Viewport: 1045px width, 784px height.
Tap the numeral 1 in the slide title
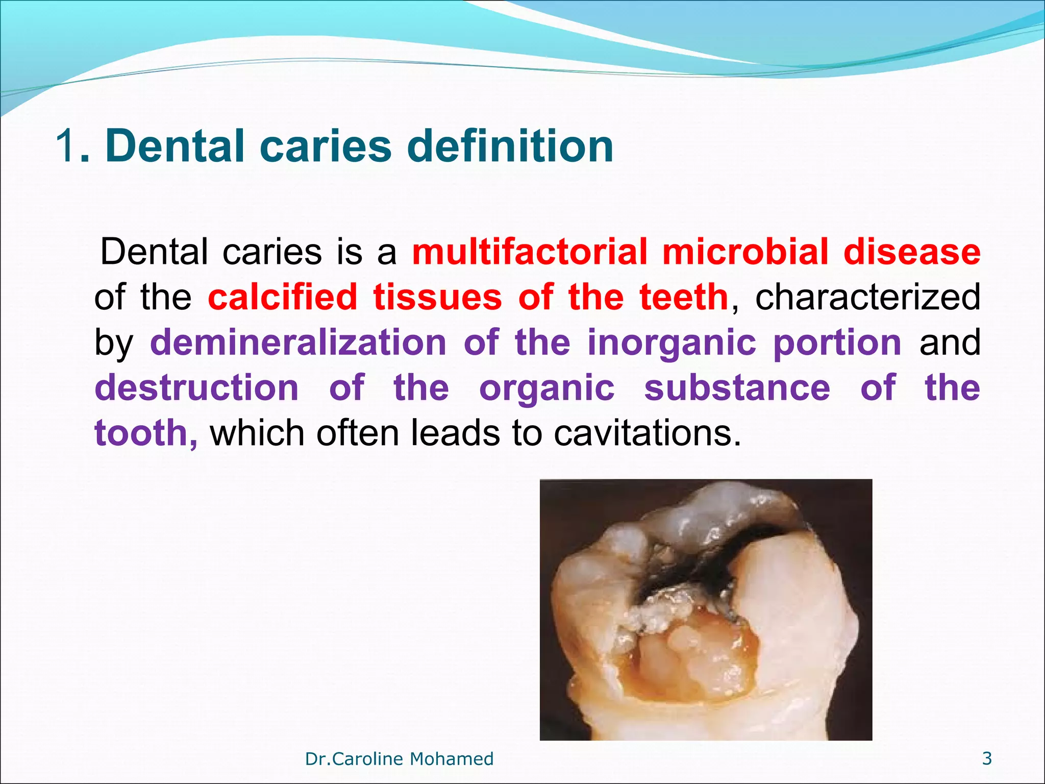coord(66,146)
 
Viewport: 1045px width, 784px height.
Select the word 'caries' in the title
coord(325,146)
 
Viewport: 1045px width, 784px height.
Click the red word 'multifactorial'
coord(529,252)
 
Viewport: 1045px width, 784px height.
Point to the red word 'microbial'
coord(745,252)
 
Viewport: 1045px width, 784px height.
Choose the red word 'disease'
coord(912,252)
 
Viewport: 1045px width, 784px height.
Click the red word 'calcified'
coord(283,297)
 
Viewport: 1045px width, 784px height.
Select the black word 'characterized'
coord(867,297)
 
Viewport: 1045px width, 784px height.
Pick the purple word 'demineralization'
coord(298,342)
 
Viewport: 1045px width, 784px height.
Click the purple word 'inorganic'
coord(671,343)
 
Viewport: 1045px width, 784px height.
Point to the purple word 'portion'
coord(837,343)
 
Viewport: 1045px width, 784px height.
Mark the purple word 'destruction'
coord(197,387)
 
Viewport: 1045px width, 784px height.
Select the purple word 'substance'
coord(737,387)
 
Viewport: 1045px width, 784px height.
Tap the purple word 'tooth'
coord(142,433)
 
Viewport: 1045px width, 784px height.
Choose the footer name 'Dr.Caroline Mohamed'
coord(399,759)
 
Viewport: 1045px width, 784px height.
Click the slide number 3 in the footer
coord(987,758)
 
